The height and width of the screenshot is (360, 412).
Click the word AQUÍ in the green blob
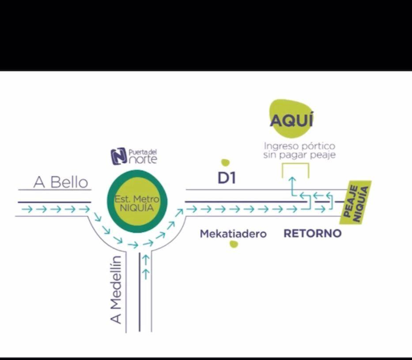point(291,120)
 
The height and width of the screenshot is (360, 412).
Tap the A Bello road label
point(61,182)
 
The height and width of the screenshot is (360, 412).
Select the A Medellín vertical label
point(116,290)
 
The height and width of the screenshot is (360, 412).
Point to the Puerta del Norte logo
point(134,156)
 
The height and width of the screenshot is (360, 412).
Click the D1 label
point(227,178)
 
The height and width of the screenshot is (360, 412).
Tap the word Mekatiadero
point(233,234)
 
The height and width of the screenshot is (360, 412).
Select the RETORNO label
point(312,233)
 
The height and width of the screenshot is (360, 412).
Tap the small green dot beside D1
point(225,162)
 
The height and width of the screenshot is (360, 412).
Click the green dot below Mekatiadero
point(234,244)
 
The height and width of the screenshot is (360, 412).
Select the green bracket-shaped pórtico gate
point(295,170)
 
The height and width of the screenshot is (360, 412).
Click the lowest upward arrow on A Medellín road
point(146,274)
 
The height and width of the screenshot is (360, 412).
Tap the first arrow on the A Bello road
point(27,209)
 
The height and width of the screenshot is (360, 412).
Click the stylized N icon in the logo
point(119,156)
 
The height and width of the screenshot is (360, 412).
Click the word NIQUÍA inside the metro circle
point(137,207)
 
